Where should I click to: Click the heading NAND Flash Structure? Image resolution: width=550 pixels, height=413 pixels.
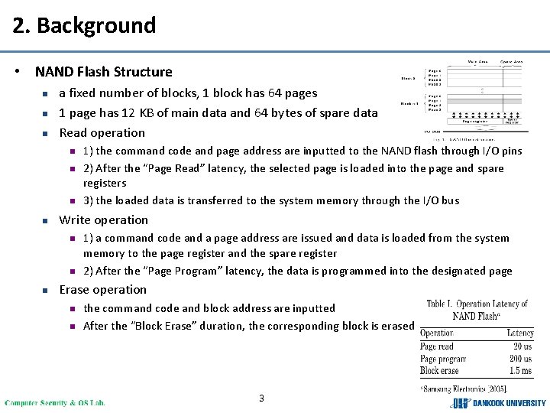pos(103,72)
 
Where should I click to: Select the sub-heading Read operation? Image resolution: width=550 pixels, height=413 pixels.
pos(102,132)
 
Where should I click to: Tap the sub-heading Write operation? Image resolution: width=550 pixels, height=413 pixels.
pos(103,220)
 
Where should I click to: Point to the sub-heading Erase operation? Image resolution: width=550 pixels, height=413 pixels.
pos(102,289)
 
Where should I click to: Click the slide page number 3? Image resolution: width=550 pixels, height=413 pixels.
pos(261,398)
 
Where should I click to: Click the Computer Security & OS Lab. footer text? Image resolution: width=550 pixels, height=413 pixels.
pos(55,402)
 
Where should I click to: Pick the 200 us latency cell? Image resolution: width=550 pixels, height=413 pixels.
pos(520,359)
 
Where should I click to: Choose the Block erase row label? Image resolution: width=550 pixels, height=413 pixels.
pos(439,371)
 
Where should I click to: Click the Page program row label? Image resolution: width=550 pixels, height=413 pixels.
pos(442,359)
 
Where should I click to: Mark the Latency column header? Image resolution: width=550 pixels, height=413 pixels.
pos(519,333)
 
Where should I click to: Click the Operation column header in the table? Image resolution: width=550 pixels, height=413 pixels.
pos(437,333)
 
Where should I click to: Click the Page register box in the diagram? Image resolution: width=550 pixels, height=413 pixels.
pos(475,121)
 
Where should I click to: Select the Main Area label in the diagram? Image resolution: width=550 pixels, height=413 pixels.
pos(477,62)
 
